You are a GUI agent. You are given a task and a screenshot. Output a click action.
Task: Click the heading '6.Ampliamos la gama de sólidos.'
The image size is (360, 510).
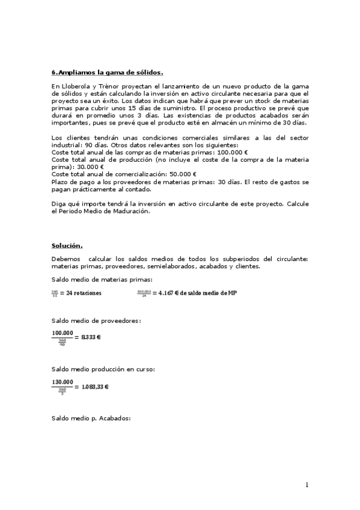(x=107, y=72)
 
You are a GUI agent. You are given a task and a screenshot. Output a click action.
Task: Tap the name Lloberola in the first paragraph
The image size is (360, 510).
(x=74, y=87)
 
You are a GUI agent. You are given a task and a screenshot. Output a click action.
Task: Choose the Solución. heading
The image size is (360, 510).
(x=67, y=245)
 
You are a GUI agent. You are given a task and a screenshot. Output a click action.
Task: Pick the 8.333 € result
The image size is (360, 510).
(x=91, y=337)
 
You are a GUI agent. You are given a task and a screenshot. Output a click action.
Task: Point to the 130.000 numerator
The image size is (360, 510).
(x=63, y=381)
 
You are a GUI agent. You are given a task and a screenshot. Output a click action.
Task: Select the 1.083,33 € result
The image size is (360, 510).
(x=96, y=386)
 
